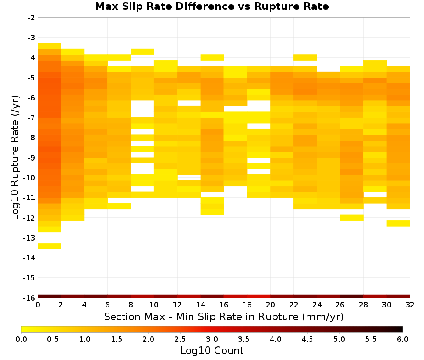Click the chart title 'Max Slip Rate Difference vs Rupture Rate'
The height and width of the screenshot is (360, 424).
212,6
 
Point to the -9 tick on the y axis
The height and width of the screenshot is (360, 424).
31,158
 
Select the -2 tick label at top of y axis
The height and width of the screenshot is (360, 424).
31,18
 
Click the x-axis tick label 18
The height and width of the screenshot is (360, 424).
247,305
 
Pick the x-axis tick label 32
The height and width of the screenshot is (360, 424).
410,305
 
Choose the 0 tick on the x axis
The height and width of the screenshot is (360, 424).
38,305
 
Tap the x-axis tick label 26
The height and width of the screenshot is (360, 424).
340,305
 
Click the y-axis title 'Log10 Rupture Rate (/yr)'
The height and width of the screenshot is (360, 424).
15,158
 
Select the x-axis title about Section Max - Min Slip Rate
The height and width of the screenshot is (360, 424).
223,316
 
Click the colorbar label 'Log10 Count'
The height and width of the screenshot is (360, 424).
212,351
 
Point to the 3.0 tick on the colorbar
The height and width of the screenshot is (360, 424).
212,339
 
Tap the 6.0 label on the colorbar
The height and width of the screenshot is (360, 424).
403,339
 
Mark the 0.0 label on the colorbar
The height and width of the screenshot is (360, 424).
21,339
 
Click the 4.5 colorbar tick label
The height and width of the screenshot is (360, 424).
307,339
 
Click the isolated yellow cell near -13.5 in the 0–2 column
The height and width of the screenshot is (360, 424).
50,246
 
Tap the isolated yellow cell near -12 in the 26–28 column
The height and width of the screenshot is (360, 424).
351,217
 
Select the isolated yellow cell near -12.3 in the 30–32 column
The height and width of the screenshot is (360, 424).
398,223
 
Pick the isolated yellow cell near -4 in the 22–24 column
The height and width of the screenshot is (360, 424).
305,57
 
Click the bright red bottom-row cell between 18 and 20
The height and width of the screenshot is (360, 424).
259,296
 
